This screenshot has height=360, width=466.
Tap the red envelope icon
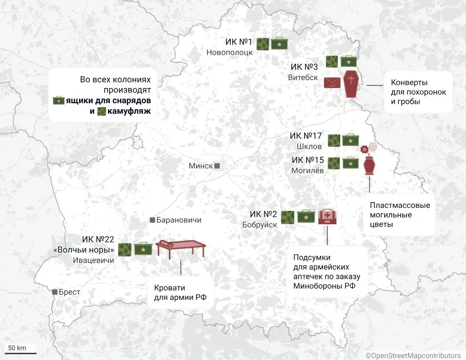pyautogui.click(x=332, y=83)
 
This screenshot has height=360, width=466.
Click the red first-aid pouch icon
pyautogui.click(x=327, y=216)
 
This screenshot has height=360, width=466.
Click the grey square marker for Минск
pyautogui.click(x=217, y=166)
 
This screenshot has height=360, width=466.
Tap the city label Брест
pyautogui.click(x=70, y=292)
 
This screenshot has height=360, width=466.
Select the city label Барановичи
pyautogui.click(x=179, y=220)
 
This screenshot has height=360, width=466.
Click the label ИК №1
pyautogui.click(x=239, y=42)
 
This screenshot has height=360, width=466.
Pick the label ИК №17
pyautogui.click(x=306, y=136)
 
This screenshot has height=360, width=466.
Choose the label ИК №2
pyautogui.click(x=263, y=214)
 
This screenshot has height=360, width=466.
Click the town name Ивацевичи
pyautogui.click(x=93, y=261)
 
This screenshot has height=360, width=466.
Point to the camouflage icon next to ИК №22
pyautogui.click(x=124, y=250)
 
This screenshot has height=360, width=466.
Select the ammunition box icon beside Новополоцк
pyautogui.click(x=279, y=44)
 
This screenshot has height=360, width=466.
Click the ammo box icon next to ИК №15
pyautogui.click(x=349, y=164)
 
